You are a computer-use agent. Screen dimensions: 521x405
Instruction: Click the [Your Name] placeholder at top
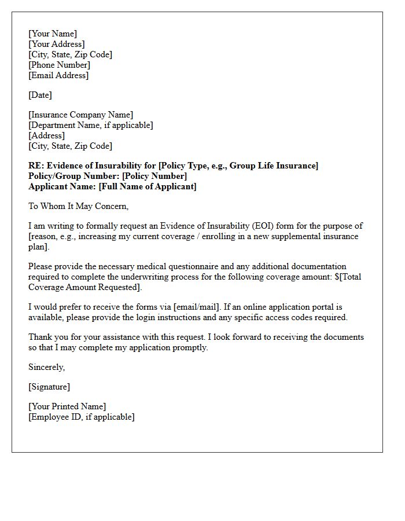pyautogui.click(x=53, y=34)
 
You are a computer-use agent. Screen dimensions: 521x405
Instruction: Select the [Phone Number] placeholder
pyautogui.click(x=59, y=65)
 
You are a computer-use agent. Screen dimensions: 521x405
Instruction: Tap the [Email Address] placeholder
pyautogui.click(x=58, y=75)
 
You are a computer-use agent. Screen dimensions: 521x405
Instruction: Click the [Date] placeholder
pyautogui.click(x=40, y=95)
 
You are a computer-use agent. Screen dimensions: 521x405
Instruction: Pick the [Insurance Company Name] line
pyautogui.click(x=80, y=115)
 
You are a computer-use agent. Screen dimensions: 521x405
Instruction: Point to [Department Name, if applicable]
pyautogui.click(x=91, y=125)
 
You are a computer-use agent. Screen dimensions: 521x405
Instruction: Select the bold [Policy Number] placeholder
pyautogui.click(x=154, y=176)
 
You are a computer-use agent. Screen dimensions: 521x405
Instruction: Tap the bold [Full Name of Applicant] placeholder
pyautogui.click(x=148, y=186)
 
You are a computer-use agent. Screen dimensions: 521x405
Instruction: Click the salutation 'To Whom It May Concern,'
pyautogui.click(x=78, y=206)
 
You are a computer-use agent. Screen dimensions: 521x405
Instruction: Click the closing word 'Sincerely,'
pyautogui.click(x=47, y=367)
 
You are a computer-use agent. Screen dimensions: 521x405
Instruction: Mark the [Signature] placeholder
pyautogui.click(x=49, y=387)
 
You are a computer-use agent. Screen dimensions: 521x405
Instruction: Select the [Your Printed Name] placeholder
pyautogui.click(x=67, y=406)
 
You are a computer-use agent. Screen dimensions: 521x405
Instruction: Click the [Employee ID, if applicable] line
pyautogui.click(x=81, y=417)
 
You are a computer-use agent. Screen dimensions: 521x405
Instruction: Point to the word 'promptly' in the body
pyautogui.click(x=189, y=347)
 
